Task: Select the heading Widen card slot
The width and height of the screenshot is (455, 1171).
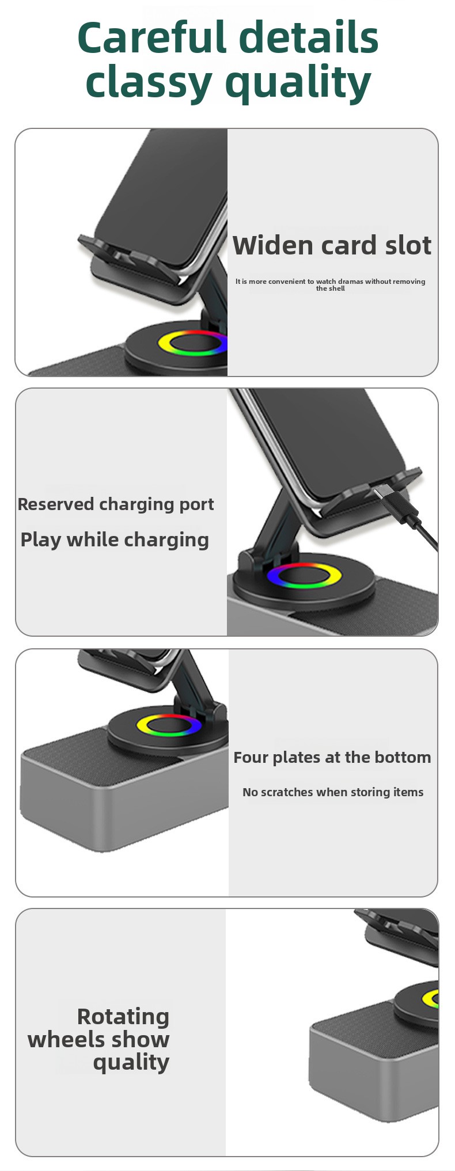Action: tap(332, 245)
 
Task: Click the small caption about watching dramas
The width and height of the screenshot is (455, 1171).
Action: tap(330, 284)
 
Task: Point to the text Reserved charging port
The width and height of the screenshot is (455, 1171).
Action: tap(116, 504)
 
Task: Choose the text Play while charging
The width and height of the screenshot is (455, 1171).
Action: tap(115, 540)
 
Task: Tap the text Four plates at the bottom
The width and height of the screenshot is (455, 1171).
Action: tap(332, 757)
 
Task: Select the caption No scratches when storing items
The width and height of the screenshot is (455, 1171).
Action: tap(333, 792)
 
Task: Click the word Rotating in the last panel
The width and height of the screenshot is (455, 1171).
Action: tap(123, 1017)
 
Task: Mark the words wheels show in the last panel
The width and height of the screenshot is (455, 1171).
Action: tap(98, 1040)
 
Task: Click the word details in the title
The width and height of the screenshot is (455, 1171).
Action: tap(308, 37)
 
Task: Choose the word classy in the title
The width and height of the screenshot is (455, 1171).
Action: tap(149, 82)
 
